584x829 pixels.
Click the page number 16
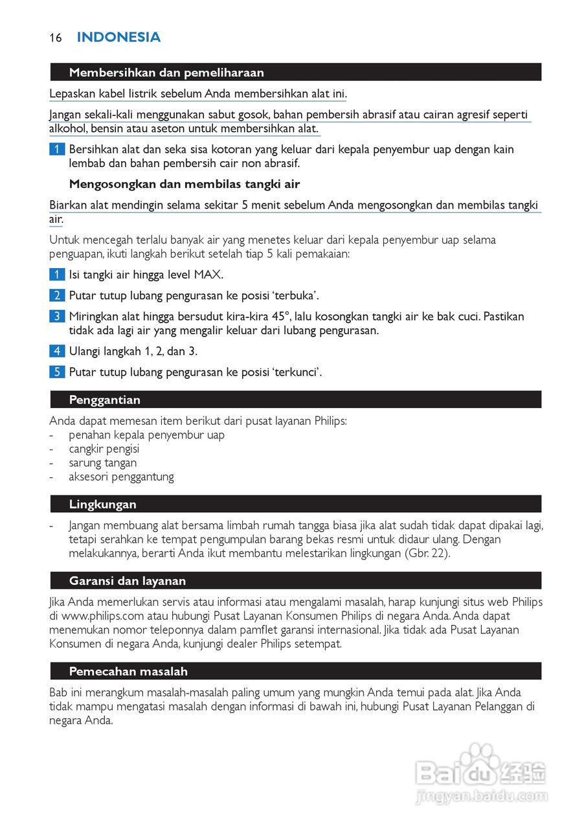pos(55,38)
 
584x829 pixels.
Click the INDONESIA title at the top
pos(118,38)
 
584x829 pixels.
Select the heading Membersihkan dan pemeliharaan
pos(166,73)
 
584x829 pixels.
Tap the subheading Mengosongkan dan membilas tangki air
pos(185,184)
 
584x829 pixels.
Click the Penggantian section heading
pos(105,400)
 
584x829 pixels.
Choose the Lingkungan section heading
pos(103,504)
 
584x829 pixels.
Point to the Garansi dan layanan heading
pos(128,580)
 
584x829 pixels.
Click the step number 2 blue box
pos(57,296)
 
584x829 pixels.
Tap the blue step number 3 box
pos(57,317)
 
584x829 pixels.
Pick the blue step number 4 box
pos(57,352)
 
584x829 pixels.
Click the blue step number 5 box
pos(57,372)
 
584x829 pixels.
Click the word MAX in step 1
pos(208,275)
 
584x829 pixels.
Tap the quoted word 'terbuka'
pos(295,296)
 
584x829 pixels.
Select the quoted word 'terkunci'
pos(297,372)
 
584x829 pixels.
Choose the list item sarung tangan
pos(103,463)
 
